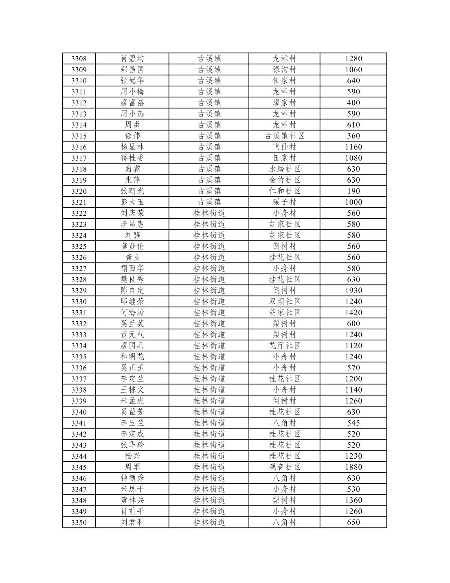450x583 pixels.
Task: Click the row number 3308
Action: [79, 59]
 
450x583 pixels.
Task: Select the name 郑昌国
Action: [132, 70]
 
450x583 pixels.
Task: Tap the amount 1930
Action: [353, 291]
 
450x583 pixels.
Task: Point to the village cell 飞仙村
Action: [284, 147]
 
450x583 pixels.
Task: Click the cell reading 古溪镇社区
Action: [284, 136]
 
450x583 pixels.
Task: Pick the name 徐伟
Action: [132, 136]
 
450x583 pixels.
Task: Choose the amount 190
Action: [353, 191]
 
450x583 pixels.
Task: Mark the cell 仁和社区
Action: [284, 191]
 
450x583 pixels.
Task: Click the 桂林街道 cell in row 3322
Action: [209, 213]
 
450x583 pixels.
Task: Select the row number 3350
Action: [79, 523]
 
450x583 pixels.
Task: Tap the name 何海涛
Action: [132, 313]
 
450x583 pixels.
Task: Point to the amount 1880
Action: [353, 467]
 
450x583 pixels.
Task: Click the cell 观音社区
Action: [284, 467]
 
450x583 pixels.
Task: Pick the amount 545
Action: [353, 423]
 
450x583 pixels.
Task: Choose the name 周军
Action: [132, 467]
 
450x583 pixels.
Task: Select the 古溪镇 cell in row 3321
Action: [209, 202]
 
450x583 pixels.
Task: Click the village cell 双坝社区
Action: [284, 302]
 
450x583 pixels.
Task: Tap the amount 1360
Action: [353, 500]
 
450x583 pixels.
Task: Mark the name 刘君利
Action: [132, 523]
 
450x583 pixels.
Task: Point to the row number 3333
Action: [79, 335]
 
